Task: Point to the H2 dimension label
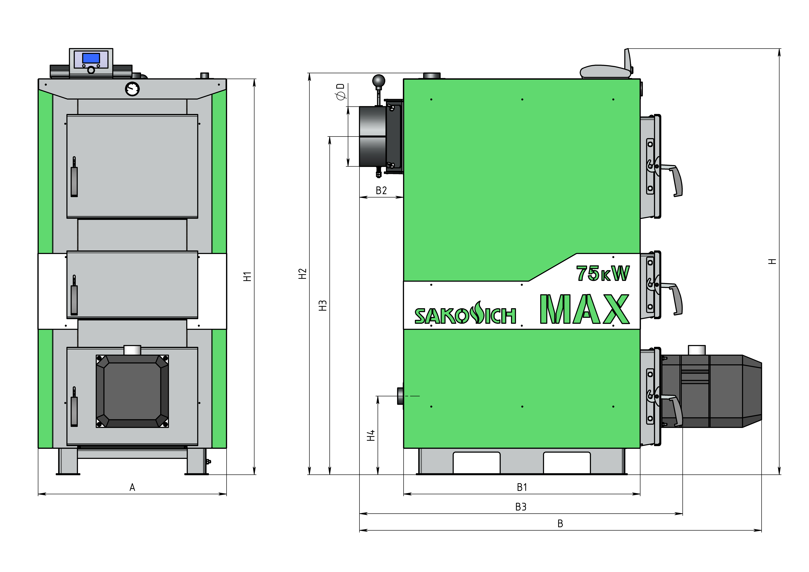302,274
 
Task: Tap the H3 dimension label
322,306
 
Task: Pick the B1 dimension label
522,487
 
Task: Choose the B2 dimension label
381,191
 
